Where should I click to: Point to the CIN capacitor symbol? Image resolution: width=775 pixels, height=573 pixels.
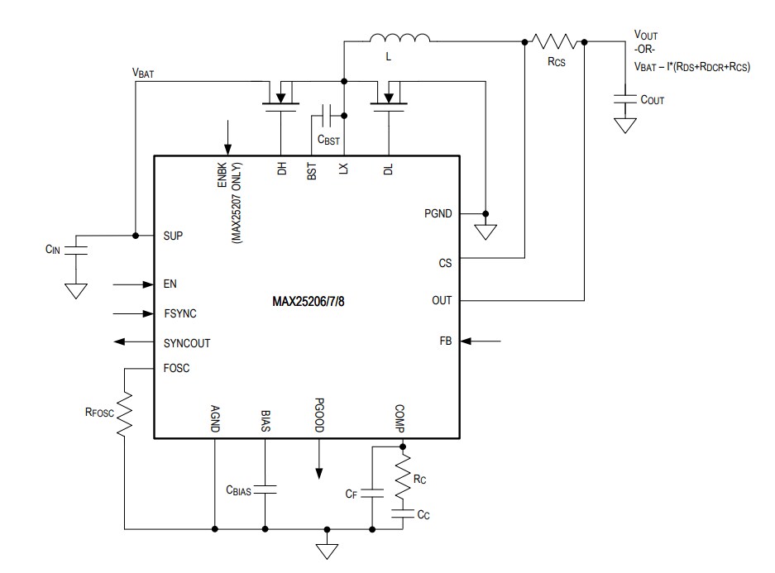[x=76, y=250]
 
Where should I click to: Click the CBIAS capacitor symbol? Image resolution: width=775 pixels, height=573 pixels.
[x=266, y=489]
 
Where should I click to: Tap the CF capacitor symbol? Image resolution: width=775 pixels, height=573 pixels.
[x=372, y=493]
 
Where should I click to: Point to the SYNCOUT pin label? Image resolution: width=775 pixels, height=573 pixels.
[x=187, y=342]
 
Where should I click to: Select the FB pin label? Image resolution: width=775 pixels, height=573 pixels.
[x=445, y=341]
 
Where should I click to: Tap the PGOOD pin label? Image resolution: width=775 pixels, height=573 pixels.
[x=319, y=418]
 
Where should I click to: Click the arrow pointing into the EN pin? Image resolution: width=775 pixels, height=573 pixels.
[x=132, y=284]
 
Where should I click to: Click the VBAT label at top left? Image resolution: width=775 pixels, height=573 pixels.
[x=143, y=73]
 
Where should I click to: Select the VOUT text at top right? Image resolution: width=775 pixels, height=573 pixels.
[x=646, y=36]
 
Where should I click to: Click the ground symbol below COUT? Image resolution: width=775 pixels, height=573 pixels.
[x=626, y=126]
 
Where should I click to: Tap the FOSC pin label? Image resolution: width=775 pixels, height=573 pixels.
[x=176, y=368]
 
